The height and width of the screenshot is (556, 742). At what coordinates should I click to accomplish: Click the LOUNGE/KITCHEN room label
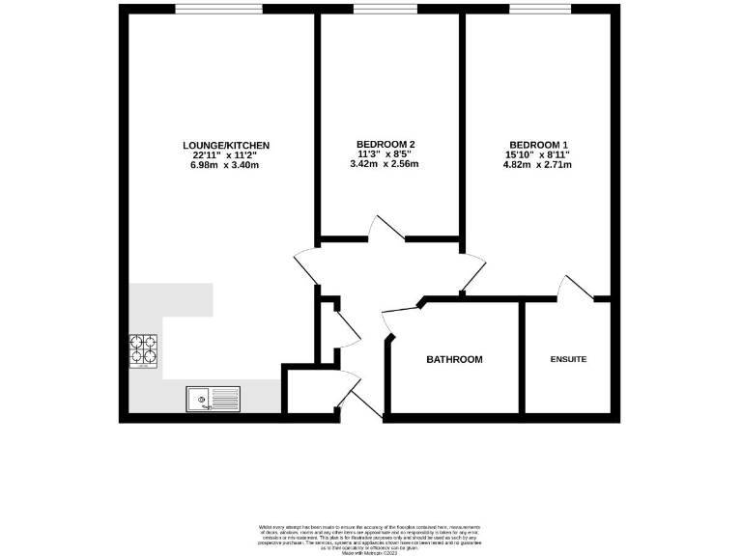click(x=226, y=146)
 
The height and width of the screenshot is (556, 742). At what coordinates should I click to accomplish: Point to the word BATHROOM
click(x=454, y=360)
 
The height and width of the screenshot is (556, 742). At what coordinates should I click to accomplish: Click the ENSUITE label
click(x=568, y=360)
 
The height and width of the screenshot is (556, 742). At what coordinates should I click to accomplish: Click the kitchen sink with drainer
click(x=213, y=397)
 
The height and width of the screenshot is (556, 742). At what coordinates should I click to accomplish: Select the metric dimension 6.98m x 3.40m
click(x=226, y=165)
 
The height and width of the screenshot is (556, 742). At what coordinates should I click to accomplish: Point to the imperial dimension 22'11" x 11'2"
click(x=226, y=155)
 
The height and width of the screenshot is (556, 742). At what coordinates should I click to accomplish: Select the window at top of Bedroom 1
click(x=536, y=10)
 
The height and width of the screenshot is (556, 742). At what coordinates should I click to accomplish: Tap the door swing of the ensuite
click(x=576, y=287)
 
